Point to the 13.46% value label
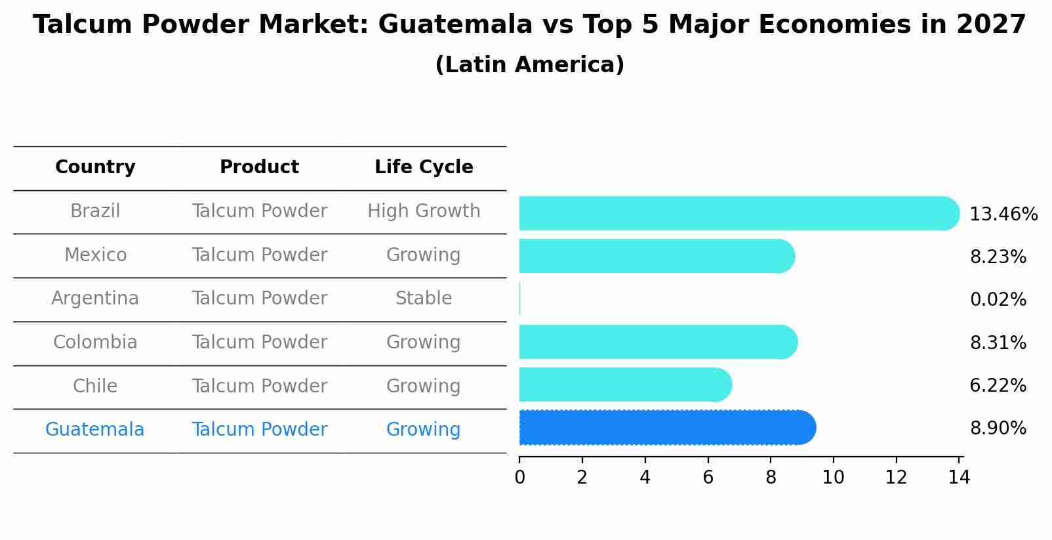(1003, 215)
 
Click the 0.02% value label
(998, 300)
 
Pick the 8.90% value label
(998, 428)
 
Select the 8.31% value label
(998, 343)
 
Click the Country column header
(95, 167)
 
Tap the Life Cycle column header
(424, 167)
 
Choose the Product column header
(259, 167)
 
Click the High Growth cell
(424, 211)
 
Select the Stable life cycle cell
(424, 299)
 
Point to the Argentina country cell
(95, 299)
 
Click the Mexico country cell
(95, 255)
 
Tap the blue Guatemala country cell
(95, 430)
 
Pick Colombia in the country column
(95, 343)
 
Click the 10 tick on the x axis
(833, 478)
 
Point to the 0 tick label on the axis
(519, 478)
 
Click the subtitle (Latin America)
(529, 65)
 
